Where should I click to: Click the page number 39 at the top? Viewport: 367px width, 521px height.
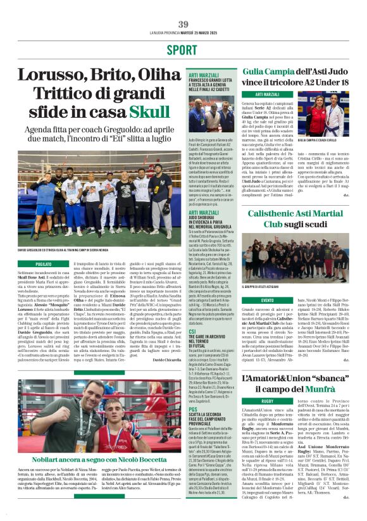(183, 24)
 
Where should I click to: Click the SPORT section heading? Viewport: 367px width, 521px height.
(182, 50)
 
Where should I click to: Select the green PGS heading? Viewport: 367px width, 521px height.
(194, 410)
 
